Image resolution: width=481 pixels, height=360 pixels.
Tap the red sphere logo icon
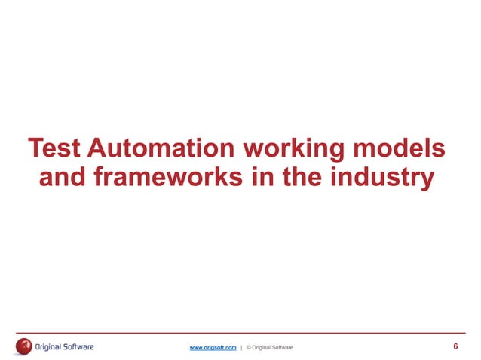tap(23, 346)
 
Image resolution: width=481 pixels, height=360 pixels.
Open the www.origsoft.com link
tap(213, 347)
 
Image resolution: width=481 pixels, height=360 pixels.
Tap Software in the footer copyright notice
tap(283, 347)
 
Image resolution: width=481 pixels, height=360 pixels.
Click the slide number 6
tap(455, 346)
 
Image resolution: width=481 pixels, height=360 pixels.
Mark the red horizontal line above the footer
tap(240, 333)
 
